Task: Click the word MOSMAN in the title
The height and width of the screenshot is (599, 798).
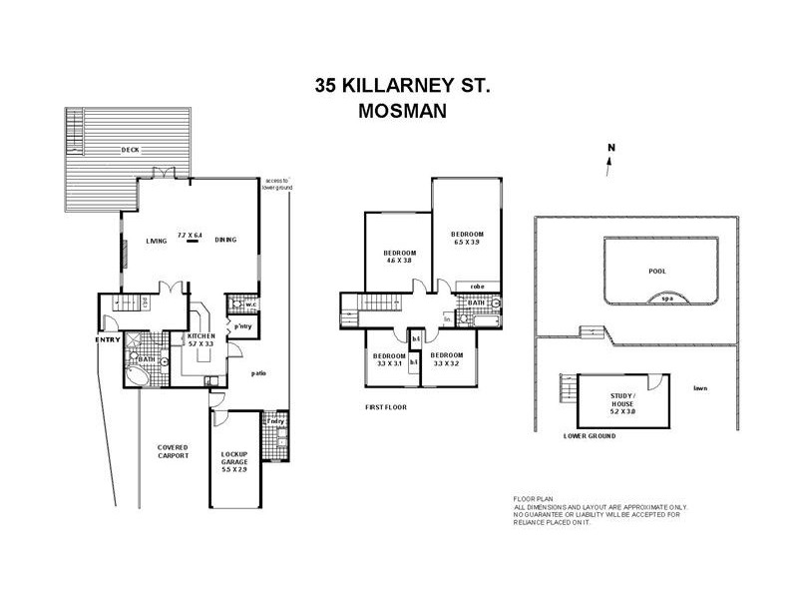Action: [x=402, y=113]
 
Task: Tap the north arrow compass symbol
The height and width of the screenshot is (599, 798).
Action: [x=610, y=162]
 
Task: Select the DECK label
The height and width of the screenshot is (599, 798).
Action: [x=130, y=150]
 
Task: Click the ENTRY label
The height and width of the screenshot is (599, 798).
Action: [x=108, y=339]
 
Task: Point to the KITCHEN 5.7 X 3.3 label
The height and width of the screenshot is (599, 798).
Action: [x=201, y=341]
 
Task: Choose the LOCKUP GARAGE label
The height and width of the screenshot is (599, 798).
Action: [x=235, y=462]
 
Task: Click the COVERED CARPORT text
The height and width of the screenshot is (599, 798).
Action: [x=172, y=452]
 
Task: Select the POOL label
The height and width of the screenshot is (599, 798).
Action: [x=655, y=271]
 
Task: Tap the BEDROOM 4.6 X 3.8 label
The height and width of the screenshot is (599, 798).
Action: [x=400, y=257]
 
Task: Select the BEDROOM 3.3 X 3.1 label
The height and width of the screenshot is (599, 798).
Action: [x=389, y=360]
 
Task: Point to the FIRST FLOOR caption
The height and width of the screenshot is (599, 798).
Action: [x=386, y=407]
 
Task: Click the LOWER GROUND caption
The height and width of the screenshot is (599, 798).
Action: [x=590, y=436]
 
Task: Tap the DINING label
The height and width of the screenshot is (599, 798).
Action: [x=224, y=241]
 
